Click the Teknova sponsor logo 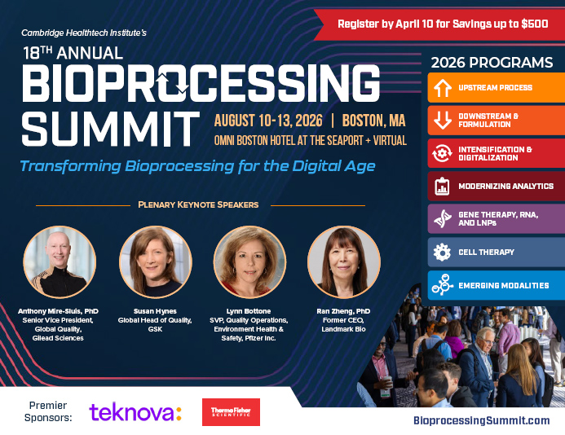click(135, 412)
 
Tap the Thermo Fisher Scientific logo click(231, 412)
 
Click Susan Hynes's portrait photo click(156, 261)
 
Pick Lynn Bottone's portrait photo click(249, 261)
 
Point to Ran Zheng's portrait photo click(343, 261)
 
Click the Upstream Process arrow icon click(443, 88)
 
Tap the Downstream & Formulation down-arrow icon click(443, 121)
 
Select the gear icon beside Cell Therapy click(443, 253)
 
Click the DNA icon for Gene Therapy click(443, 219)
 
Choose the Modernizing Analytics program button click(496, 187)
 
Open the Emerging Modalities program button click(496, 285)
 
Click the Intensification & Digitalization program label click(495, 153)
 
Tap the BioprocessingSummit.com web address click(482, 420)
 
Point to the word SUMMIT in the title click(110, 128)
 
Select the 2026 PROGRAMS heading click(492, 63)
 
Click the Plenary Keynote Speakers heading click(198, 204)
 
